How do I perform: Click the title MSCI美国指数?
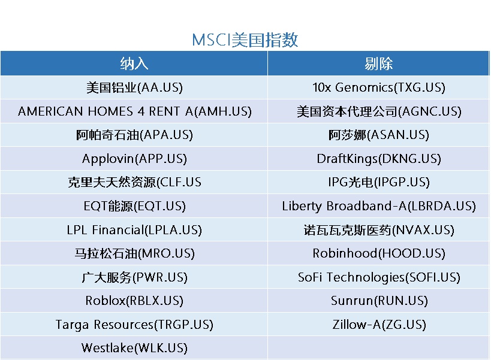pos(245,40)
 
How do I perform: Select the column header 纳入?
pos(134,63)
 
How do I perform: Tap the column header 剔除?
pos(378,63)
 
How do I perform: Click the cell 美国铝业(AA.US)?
pos(134,87)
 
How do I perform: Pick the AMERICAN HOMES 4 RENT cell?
pos(134,111)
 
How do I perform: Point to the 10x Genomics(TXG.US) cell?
pos(378,87)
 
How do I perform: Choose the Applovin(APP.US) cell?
pos(134,159)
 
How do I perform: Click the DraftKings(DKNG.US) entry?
pos(378,159)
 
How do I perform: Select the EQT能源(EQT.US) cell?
pos(134,206)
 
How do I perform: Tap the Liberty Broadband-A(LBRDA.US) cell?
pos(378,206)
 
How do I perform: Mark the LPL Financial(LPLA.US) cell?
pos(134,230)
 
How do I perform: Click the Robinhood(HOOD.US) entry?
pos(378,253)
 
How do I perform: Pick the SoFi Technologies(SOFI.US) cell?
pos(378,277)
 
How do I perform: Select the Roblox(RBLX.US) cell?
pos(134,301)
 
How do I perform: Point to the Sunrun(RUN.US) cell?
pos(379,301)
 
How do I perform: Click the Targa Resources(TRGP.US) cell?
pos(134,324)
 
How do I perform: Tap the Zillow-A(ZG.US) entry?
pos(379,324)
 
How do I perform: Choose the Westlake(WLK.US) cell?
pos(134,348)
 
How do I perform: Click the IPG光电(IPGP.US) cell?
pos(378,182)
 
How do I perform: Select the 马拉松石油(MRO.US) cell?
pos(134,253)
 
